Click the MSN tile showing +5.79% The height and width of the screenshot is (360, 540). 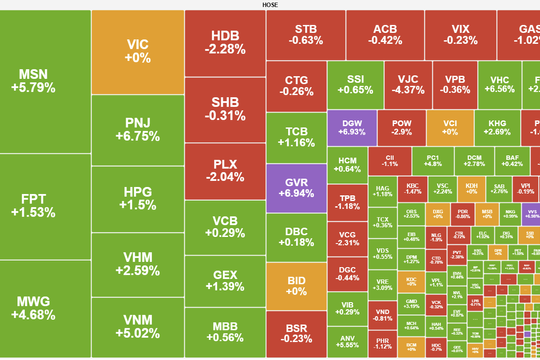44,80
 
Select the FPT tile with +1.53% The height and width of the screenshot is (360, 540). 44,205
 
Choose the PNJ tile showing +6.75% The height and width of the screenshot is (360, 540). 137,129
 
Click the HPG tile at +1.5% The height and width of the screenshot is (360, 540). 137,198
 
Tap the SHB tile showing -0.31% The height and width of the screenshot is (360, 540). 225,109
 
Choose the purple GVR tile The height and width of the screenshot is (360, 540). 295,188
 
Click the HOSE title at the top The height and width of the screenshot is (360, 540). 270,5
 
